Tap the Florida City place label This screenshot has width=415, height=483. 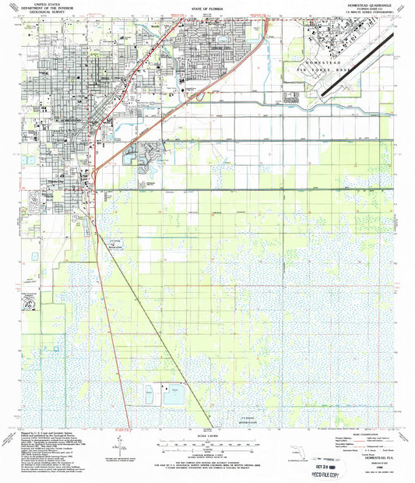point(55,178)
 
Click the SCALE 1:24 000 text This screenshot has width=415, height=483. point(207,434)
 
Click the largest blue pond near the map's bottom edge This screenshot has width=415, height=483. point(173,397)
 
